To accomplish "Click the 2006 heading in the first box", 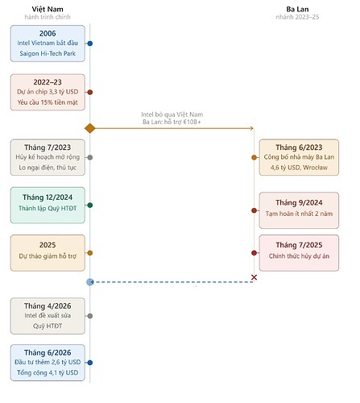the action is (x=48, y=34).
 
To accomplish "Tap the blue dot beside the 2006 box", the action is (x=90, y=44).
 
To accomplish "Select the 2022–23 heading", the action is (x=48, y=82).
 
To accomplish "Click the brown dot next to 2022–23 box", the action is (x=90, y=92).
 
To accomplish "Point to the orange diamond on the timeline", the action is (x=90, y=128).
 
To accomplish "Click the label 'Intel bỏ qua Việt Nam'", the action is (x=172, y=114).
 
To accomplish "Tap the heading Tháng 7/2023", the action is (x=48, y=147).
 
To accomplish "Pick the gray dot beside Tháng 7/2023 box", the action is (x=90, y=157).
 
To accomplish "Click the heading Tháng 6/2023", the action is (x=299, y=147).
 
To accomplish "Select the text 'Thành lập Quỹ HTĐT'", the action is (x=48, y=208).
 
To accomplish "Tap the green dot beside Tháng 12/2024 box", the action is (x=90, y=206).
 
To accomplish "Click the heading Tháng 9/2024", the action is (x=299, y=203).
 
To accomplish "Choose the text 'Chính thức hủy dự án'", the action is (x=299, y=256).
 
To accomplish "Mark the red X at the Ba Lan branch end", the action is (x=254, y=277).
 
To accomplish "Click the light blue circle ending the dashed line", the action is (x=90, y=282).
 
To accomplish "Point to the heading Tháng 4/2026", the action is (x=48, y=306).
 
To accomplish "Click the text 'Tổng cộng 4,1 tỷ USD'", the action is (x=48, y=372).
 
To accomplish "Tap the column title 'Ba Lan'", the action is (x=297, y=10).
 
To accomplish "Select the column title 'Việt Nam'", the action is (x=48, y=10).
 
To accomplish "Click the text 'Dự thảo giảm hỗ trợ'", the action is (x=48, y=256).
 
